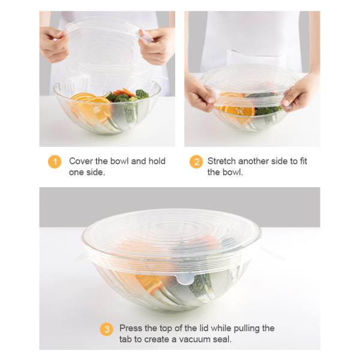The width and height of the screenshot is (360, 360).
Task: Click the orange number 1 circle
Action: click(x=55, y=162)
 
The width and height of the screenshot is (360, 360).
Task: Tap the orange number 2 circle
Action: click(x=196, y=162)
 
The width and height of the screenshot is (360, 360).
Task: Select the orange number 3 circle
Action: click(x=107, y=329)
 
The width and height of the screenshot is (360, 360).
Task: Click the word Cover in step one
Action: click(x=81, y=161)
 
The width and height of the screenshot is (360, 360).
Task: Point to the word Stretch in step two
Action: click(x=221, y=161)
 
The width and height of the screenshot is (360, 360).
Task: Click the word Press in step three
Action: click(x=131, y=328)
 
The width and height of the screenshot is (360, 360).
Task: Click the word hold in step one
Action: click(x=157, y=161)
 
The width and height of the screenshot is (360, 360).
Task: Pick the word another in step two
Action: click(x=253, y=161)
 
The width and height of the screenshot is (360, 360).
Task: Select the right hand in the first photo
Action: click(x=157, y=46)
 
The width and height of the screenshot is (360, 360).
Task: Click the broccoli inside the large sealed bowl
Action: click(x=199, y=284)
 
